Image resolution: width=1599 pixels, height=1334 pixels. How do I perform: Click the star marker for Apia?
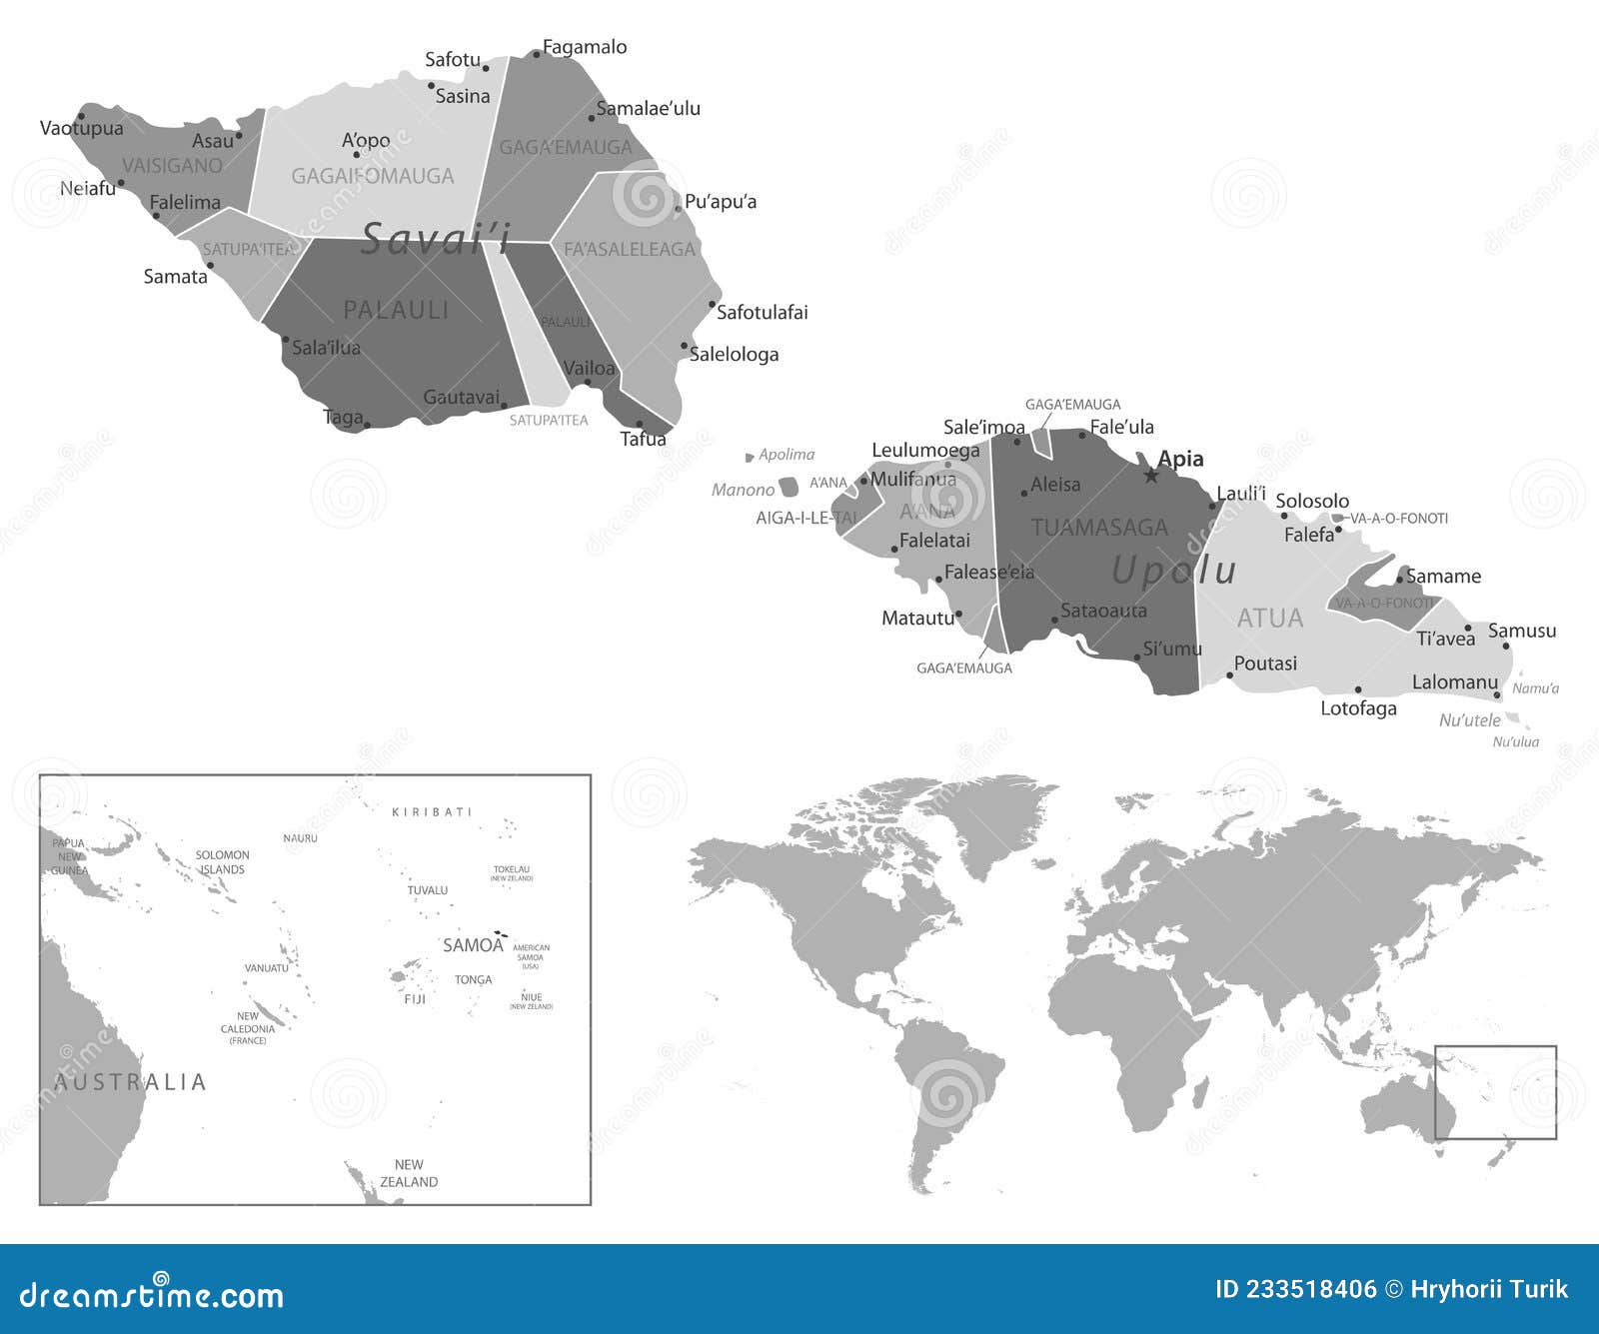click(x=1151, y=476)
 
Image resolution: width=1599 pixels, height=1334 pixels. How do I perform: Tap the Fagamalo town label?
click(x=585, y=47)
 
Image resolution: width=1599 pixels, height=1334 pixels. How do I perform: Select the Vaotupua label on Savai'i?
click(x=82, y=128)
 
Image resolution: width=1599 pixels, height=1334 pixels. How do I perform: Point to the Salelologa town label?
click(x=734, y=354)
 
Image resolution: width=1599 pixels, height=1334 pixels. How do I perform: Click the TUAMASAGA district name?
click(x=1099, y=528)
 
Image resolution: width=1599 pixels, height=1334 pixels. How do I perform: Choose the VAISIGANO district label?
click(x=172, y=165)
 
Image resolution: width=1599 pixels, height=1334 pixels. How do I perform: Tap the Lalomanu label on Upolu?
click(x=1454, y=682)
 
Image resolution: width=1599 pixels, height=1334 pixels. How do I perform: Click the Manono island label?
click(x=743, y=490)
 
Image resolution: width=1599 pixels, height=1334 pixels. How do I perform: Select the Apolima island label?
click(x=787, y=455)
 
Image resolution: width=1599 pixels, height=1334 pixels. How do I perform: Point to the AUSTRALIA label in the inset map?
click(x=130, y=1082)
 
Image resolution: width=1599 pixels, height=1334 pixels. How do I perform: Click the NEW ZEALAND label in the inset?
click(x=409, y=1173)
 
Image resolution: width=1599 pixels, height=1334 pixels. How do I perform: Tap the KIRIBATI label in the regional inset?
click(x=432, y=812)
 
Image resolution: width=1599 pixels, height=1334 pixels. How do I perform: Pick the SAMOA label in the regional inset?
click(x=473, y=945)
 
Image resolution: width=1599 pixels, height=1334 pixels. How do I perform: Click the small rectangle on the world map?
click(x=1495, y=1092)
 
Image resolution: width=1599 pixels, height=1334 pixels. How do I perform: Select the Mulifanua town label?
click(x=913, y=480)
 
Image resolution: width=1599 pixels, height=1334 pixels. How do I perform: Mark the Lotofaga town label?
click(x=1358, y=708)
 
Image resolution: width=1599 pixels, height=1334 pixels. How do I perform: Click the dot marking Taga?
click(x=367, y=426)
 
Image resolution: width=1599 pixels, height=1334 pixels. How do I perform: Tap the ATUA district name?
click(x=1270, y=619)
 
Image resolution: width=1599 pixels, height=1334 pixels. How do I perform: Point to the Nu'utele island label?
click(x=1469, y=720)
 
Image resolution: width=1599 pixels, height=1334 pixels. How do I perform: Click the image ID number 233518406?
click(x=1295, y=1289)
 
